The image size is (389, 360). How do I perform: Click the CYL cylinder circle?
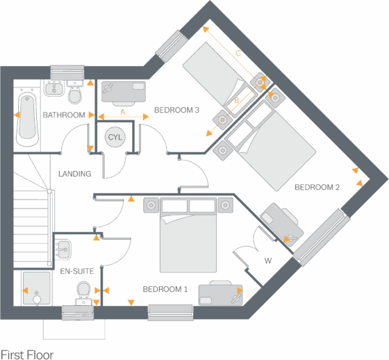[x=115, y=137]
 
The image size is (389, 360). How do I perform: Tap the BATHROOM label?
[x=64, y=115]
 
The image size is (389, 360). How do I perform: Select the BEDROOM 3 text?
[x=176, y=110]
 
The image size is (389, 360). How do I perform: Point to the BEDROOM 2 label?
[x=317, y=187]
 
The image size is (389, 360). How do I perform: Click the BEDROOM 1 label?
[x=165, y=289]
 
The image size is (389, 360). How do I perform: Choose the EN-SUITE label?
[x=77, y=271]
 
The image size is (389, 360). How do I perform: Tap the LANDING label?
[x=75, y=174]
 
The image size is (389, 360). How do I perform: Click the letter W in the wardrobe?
[x=268, y=261]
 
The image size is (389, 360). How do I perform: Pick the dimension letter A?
[x=123, y=112]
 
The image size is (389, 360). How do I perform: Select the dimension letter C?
[x=238, y=53]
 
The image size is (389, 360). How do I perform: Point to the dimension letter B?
[x=237, y=100]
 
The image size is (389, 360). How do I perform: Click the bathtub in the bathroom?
[x=27, y=119]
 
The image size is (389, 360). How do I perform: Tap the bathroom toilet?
[x=75, y=92]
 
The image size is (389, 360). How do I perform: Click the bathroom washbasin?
[x=54, y=88]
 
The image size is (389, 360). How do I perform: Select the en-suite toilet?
[x=84, y=293]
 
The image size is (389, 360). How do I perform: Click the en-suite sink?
[x=63, y=249]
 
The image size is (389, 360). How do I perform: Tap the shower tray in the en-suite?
[x=36, y=288]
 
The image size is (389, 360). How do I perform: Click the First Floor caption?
[x=27, y=354]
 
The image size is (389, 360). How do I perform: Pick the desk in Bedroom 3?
[x=124, y=91]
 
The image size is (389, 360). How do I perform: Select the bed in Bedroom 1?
[x=188, y=235]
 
